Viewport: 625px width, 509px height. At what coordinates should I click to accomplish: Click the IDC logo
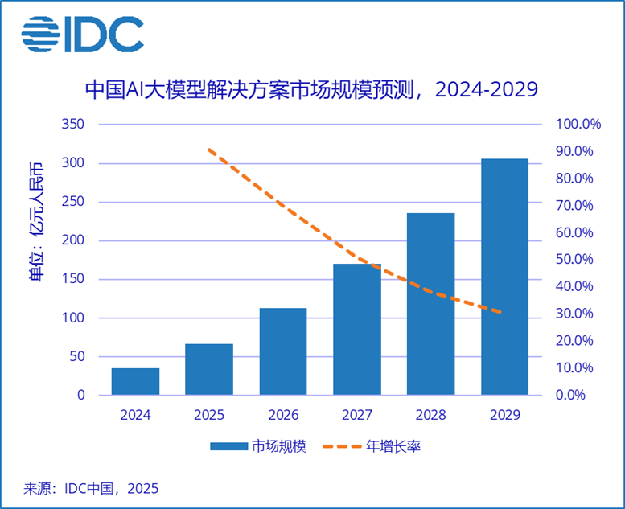[83, 33]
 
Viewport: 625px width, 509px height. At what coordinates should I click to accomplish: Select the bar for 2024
[135, 381]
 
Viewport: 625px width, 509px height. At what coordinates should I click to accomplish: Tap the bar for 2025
[209, 369]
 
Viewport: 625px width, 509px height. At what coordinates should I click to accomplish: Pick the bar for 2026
[283, 351]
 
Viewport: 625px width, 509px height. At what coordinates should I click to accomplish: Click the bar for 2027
[357, 329]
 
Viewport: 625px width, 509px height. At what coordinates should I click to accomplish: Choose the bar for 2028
[431, 304]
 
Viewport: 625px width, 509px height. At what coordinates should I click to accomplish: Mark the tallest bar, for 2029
[505, 277]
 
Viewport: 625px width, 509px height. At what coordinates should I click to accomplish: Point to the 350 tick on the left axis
[73, 125]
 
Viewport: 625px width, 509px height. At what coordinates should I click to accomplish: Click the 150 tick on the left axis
[73, 280]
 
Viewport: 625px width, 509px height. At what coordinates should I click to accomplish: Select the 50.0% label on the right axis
[574, 260]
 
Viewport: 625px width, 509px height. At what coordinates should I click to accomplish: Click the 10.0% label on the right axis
[574, 368]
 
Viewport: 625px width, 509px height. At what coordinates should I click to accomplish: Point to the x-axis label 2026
[283, 416]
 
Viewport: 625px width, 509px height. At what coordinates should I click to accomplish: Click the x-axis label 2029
[505, 416]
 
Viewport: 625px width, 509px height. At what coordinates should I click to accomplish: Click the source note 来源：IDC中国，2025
[91, 488]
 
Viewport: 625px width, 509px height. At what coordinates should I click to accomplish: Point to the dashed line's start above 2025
[209, 150]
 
